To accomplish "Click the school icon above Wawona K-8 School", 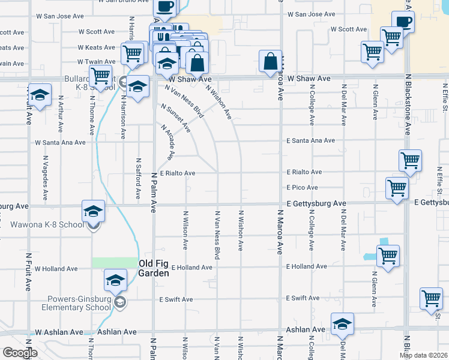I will (x=94, y=211).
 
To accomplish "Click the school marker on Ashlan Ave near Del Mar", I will (x=342, y=324).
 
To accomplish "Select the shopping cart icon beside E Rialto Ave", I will (x=411, y=160).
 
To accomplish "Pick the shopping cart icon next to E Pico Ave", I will (x=397, y=187).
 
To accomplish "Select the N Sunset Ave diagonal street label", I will (x=176, y=118).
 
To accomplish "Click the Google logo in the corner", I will (x=20, y=353).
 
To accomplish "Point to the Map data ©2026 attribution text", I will (x=423, y=355).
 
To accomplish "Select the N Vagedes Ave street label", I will (x=46, y=178).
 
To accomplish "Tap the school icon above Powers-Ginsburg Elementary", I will (x=115, y=280).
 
